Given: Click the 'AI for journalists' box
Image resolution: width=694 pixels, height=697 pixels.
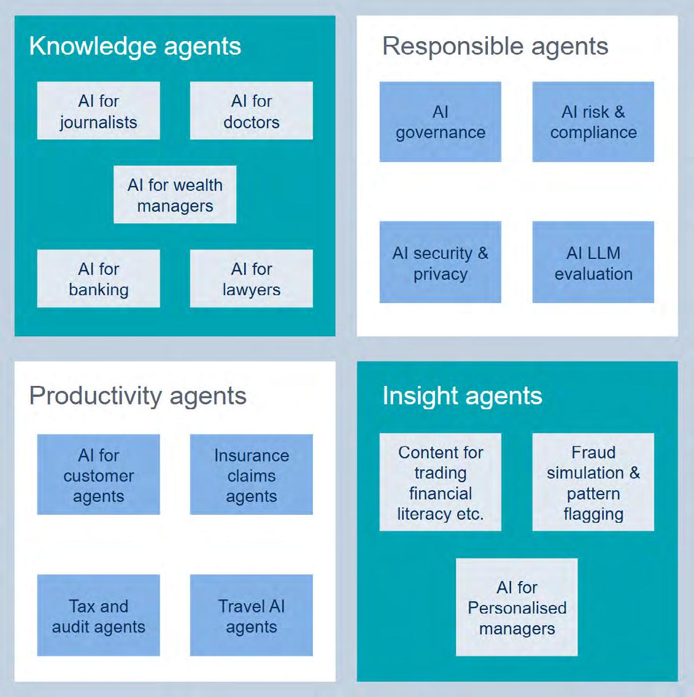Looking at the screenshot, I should point(98,111).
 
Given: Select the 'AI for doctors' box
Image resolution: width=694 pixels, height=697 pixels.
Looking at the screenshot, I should point(251,111).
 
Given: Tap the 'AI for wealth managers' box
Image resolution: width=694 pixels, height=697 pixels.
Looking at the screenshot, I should point(175,195).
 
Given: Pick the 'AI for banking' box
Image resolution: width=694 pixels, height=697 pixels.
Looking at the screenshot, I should point(98,279).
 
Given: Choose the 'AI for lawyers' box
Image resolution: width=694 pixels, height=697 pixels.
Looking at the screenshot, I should point(251,279).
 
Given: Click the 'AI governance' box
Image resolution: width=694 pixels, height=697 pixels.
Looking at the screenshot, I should point(440,122).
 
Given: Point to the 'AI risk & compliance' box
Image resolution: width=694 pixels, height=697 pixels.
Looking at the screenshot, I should point(593,122).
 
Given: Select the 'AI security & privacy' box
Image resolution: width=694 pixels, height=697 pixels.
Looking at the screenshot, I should point(440,263).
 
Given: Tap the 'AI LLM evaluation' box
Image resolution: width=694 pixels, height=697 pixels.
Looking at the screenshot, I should point(593,263).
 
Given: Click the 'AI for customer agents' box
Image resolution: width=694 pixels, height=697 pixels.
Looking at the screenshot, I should point(98,475).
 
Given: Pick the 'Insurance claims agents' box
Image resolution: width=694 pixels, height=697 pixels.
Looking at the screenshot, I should point(251,475).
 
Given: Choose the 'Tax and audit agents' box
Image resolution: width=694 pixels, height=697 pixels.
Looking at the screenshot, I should point(98,615).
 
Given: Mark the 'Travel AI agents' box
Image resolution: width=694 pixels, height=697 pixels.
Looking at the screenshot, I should point(251,615).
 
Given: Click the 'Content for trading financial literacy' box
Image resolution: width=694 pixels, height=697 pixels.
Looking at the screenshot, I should point(440,482).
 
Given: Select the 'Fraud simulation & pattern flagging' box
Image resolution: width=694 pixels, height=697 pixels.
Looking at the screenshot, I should point(593,482).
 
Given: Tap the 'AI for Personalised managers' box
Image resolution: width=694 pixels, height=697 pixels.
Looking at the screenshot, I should point(517,607).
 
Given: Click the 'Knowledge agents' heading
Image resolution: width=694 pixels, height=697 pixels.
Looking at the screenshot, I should point(135,47).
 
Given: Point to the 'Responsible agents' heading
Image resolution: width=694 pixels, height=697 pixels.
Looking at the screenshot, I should point(495,47).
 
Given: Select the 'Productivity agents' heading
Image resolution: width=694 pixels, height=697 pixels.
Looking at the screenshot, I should point(138,396).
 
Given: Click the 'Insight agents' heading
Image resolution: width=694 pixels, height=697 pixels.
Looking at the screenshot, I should point(462,396).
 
